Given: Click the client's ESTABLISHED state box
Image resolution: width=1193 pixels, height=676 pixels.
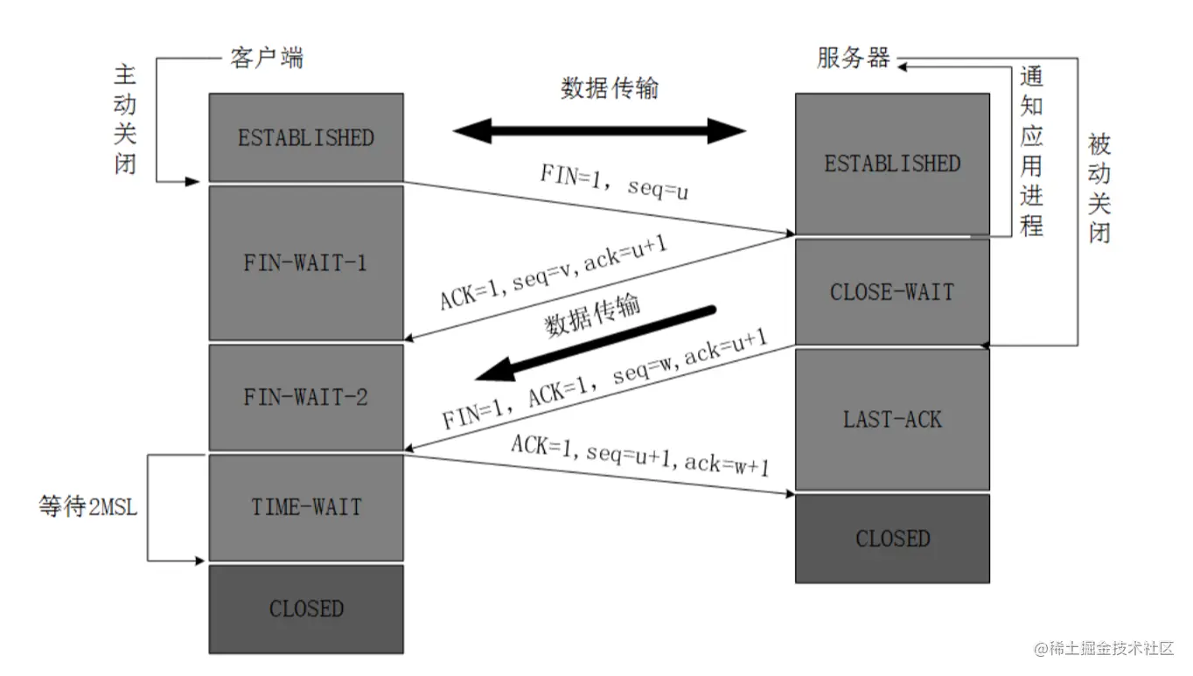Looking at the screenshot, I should pyautogui.click(x=306, y=137).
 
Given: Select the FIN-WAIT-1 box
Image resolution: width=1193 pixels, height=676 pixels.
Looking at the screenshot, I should pyautogui.click(x=306, y=262).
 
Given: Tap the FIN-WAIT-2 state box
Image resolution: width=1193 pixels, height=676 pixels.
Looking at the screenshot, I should pyautogui.click(x=306, y=397).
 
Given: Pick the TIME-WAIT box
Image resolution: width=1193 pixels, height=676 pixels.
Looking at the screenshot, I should pyautogui.click(x=306, y=507).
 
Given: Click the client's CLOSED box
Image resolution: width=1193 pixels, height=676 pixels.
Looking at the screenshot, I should pyautogui.click(x=306, y=609).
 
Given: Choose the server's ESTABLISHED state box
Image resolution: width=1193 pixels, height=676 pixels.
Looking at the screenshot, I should pyautogui.click(x=892, y=164).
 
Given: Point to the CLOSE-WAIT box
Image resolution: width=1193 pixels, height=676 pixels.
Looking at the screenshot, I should pyautogui.click(x=892, y=291).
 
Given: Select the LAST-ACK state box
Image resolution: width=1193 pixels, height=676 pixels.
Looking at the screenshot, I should pyautogui.click(x=892, y=419).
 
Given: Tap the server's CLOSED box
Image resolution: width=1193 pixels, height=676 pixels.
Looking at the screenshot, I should pyautogui.click(x=892, y=538).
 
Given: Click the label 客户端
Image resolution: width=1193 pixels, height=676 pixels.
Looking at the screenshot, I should pyautogui.click(x=267, y=59).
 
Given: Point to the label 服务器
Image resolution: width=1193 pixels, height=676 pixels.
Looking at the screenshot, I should pyautogui.click(x=854, y=58).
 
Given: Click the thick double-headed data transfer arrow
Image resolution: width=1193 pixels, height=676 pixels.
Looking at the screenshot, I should pyautogui.click(x=599, y=132).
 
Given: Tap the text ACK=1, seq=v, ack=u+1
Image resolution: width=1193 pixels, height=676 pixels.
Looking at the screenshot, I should pyautogui.click(x=555, y=272).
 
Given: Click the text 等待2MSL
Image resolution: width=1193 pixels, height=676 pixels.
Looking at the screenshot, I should pyautogui.click(x=88, y=507).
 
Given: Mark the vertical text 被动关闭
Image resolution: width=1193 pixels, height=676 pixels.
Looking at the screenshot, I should pyautogui.click(x=1099, y=188).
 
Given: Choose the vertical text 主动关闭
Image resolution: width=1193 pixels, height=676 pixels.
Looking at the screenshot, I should pyautogui.click(x=126, y=119).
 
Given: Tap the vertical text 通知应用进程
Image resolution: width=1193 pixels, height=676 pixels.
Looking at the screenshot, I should pyautogui.click(x=1032, y=150).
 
